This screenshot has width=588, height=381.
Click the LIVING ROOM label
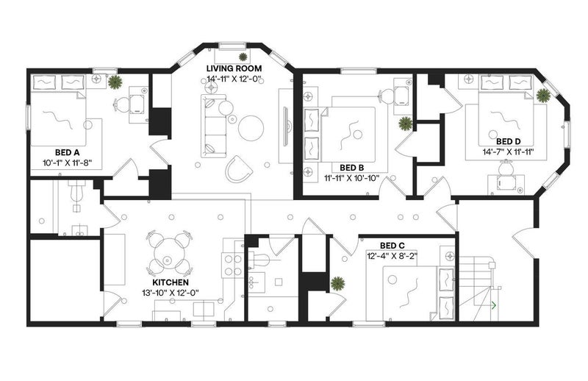click(234, 68)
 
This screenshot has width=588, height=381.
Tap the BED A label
click(67, 152)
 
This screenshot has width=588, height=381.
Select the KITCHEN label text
click(171, 282)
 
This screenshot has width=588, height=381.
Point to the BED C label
click(392, 246)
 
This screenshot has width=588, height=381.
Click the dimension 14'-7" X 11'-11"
click(508, 152)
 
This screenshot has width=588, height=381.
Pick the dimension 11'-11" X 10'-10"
click(352, 178)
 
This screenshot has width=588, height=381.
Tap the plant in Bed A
click(115, 82)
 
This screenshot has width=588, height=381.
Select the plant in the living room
click(243, 57)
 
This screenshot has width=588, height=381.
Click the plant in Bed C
click(338, 284)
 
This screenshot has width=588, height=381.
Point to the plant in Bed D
click(542, 96)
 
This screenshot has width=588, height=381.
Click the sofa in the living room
click(214, 126)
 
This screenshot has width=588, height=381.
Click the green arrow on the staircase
click(494, 305)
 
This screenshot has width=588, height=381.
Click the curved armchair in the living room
click(239, 170)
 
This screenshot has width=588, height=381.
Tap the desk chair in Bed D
click(506, 168)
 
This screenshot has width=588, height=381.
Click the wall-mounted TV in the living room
click(286, 127)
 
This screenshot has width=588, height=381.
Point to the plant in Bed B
click(405, 124)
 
